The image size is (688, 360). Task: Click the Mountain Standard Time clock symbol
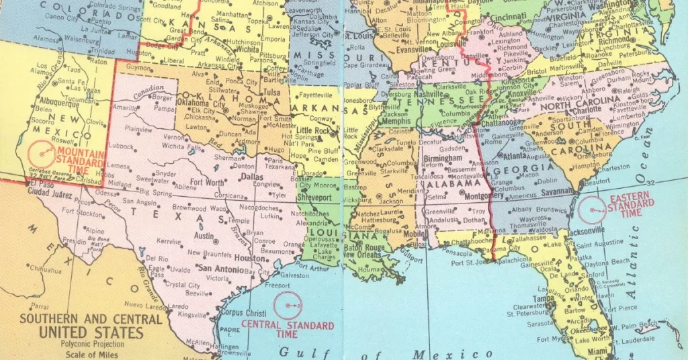click(x=42, y=154)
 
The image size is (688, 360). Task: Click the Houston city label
click(x=249, y=258)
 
